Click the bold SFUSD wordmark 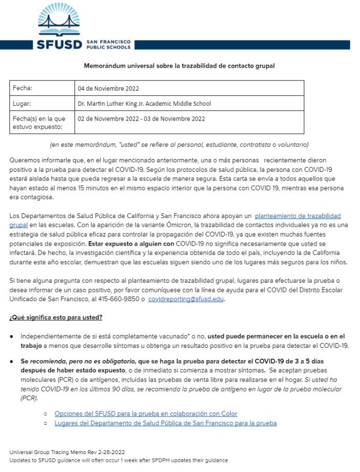(x=59, y=44)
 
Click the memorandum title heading (x=179, y=66)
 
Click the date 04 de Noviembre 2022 (x=108, y=88)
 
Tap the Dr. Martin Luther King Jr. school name (x=144, y=104)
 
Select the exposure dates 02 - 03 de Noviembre (x=141, y=119)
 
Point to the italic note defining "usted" (x=179, y=144)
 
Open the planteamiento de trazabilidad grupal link (x=297, y=216)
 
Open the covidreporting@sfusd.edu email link (x=186, y=299)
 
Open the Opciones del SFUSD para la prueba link (x=146, y=414)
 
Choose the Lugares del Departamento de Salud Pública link (x=165, y=423)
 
